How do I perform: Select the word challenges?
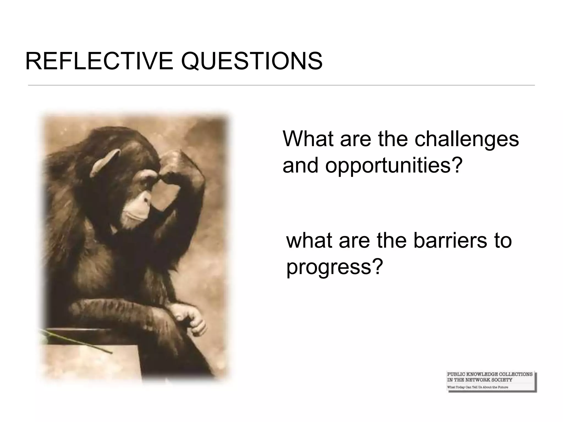click(x=467, y=139)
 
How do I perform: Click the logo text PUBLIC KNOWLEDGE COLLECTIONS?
click(x=490, y=374)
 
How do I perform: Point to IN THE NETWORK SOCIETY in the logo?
click(x=479, y=380)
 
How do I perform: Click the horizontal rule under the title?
click(x=281, y=85)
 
